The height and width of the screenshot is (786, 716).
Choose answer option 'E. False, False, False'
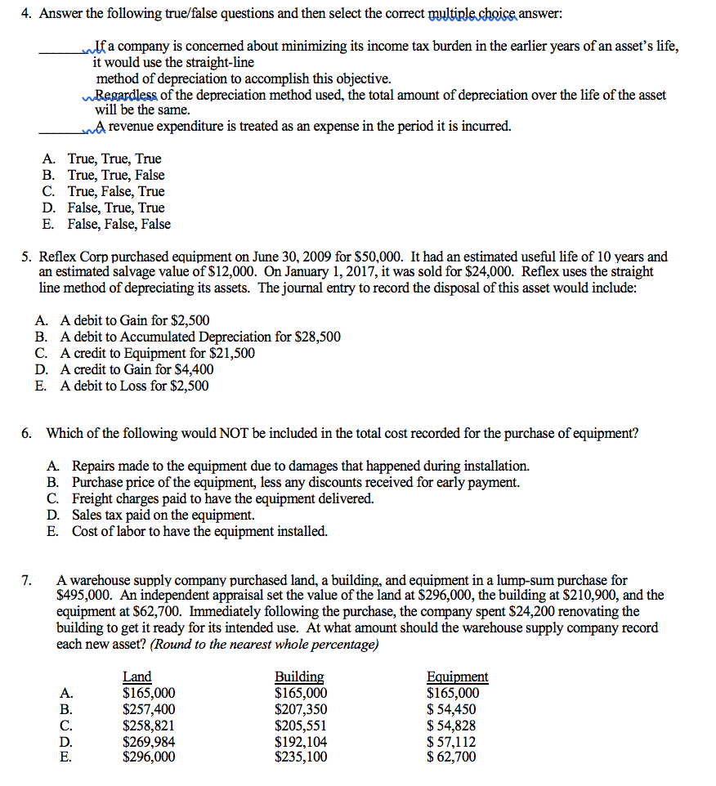coord(118,224)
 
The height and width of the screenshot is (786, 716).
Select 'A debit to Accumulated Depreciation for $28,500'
coord(199,337)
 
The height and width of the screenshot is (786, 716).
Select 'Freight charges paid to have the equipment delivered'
coord(222,498)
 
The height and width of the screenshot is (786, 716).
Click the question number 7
coord(26,580)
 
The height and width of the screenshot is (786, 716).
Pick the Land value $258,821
coord(149,726)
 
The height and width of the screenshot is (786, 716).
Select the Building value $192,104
coord(301,742)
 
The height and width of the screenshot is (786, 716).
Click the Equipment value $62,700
coord(451,757)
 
